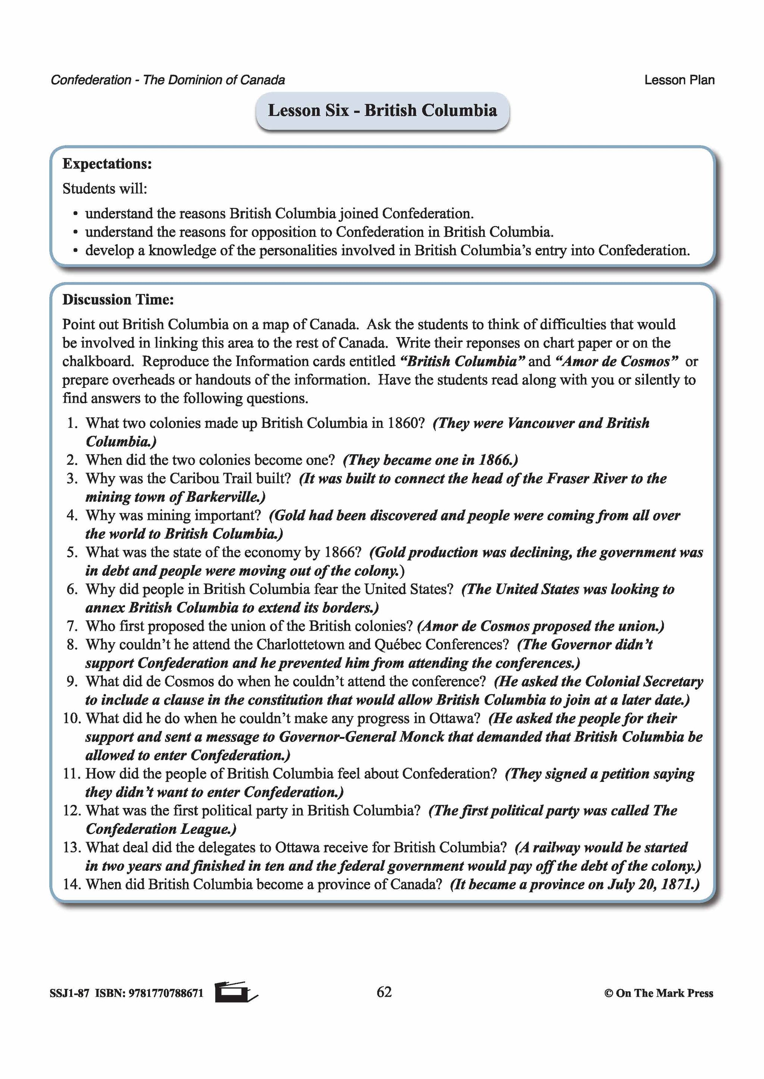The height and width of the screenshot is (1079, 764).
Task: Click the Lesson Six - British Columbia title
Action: (382, 110)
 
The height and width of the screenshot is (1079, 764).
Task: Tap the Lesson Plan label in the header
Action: (679, 80)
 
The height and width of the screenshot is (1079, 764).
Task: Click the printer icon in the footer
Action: (236, 992)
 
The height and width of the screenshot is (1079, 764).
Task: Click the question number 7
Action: (72, 626)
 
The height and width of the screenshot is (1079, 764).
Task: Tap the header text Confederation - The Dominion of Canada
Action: (167, 80)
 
